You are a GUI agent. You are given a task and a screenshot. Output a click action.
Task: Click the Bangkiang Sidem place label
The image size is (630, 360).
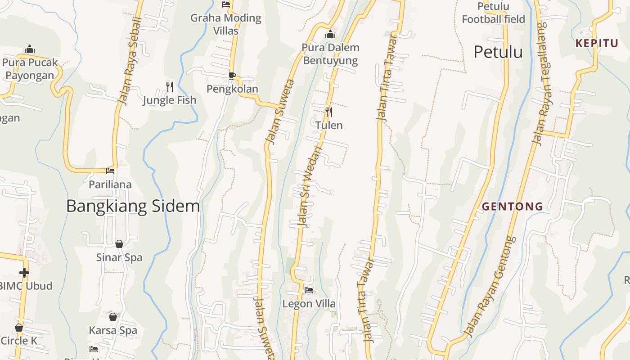(133, 206)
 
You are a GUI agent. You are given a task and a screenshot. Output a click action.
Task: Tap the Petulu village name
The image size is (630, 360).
(498, 52)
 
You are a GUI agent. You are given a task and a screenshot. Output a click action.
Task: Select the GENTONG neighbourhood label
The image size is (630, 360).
(512, 207)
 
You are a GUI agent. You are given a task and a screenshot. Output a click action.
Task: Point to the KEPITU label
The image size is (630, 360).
(597, 44)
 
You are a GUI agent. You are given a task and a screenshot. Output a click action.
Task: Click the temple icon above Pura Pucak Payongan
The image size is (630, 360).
(30, 49)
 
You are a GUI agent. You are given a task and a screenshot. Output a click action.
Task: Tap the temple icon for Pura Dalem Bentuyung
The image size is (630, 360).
(330, 34)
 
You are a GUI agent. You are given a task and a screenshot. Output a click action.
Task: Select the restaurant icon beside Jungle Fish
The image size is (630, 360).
(170, 86)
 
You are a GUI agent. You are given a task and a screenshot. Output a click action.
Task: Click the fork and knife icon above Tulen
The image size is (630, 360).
(329, 112)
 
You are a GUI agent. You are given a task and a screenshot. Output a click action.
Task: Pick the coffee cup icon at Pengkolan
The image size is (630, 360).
(232, 75)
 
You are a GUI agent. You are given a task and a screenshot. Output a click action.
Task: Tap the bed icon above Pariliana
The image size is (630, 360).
(110, 171)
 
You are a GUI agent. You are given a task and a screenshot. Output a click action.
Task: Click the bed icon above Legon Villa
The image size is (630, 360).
(309, 290)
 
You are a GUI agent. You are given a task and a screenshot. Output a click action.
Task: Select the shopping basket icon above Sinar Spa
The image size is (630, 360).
(119, 244)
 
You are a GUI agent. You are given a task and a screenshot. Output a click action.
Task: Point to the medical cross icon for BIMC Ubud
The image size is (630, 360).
(24, 272)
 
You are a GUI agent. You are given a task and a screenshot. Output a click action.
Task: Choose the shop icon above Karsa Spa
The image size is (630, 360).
(113, 317)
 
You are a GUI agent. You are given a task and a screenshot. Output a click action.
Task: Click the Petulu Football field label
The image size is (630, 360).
(493, 13)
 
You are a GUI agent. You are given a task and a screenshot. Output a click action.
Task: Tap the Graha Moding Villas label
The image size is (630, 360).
(226, 24)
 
